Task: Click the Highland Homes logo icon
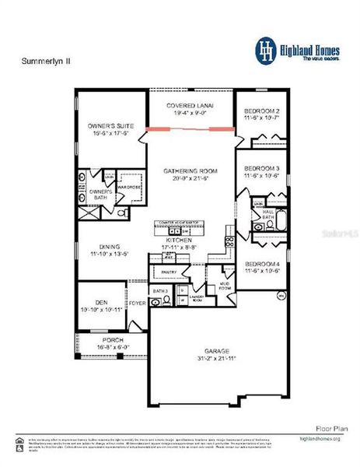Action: pyautogui.click(x=266, y=49)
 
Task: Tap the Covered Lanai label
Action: pyautogui.click(x=190, y=107)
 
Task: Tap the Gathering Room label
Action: pyautogui.click(x=190, y=174)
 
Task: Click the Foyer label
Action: pyautogui.click(x=137, y=304)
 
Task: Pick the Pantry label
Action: pyautogui.click(x=170, y=272)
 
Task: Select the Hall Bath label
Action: pyautogui.click(x=268, y=212)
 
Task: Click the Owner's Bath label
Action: pyautogui.click(x=101, y=194)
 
